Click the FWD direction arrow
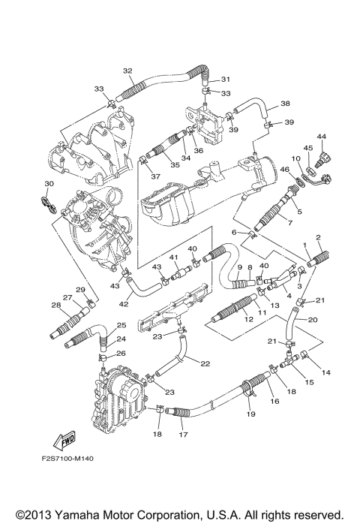coord(64,440)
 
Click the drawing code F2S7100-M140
coord(67,459)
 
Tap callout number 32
coord(127,71)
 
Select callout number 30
coord(49,184)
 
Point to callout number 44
coord(322,137)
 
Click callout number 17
coord(183,435)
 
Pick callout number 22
coord(205,363)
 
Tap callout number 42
coord(124,304)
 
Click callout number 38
coord(285,104)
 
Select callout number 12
coord(249,320)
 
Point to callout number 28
coord(55,305)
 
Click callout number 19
coord(250,414)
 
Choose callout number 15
coord(310,382)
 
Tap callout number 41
coord(173,257)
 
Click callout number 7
coord(289,223)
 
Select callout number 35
coord(175,164)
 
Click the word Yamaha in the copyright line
coord(77,514)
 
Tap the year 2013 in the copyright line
coord(37,514)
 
